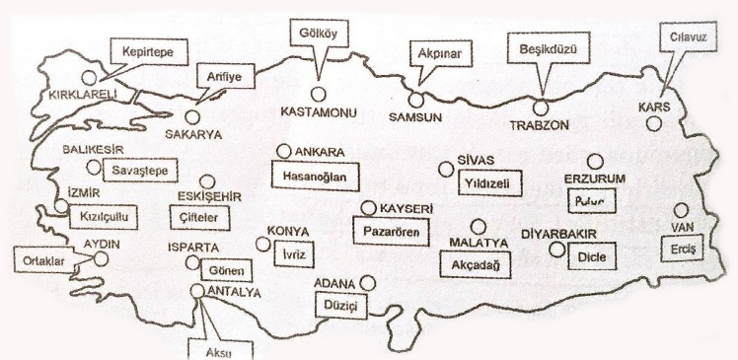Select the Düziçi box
345,306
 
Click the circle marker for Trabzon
540,106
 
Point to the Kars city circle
654,123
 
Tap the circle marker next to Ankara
283,151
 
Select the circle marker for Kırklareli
90,76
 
